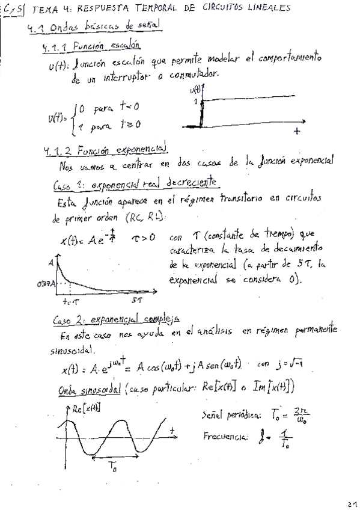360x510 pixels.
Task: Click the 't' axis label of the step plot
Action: pos(297,131)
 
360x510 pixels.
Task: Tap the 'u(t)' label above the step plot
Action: pos(195,90)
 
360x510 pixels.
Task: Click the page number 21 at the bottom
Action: pos(351,504)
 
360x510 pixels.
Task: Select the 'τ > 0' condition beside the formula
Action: pos(143,238)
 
